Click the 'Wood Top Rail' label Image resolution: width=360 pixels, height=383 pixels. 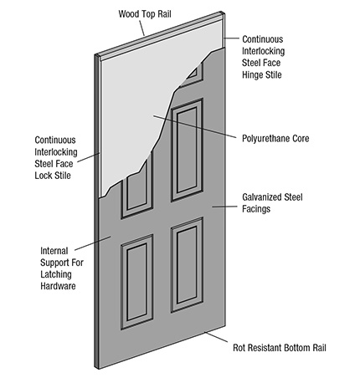[x=145, y=14]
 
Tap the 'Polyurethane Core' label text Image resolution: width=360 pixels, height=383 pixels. [x=275, y=139]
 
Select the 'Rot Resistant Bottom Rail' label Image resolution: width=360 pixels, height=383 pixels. [x=280, y=348]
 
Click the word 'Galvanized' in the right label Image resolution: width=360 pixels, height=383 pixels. [x=262, y=197]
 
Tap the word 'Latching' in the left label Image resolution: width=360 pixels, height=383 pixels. [x=56, y=274]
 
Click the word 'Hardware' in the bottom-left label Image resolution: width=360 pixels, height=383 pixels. [x=58, y=286]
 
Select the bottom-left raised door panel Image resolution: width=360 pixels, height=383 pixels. [x=137, y=282]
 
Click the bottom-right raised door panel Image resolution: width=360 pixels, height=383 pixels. [x=187, y=265]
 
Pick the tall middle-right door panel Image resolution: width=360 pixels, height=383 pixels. [x=188, y=150]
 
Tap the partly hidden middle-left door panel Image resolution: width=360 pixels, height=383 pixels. [x=137, y=192]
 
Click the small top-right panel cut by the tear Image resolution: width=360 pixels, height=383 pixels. [x=193, y=74]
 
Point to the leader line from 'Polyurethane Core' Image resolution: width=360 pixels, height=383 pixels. [x=195, y=127]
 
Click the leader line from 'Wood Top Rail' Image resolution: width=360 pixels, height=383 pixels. [x=141, y=28]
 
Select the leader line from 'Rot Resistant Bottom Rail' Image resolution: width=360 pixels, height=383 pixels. [x=216, y=337]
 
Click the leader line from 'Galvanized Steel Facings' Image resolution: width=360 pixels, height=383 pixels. [x=224, y=207]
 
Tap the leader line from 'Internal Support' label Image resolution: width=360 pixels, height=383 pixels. [x=93, y=243]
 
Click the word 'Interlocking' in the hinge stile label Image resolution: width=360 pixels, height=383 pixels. [x=263, y=51]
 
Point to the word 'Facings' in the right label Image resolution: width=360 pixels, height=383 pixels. [x=256, y=209]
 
